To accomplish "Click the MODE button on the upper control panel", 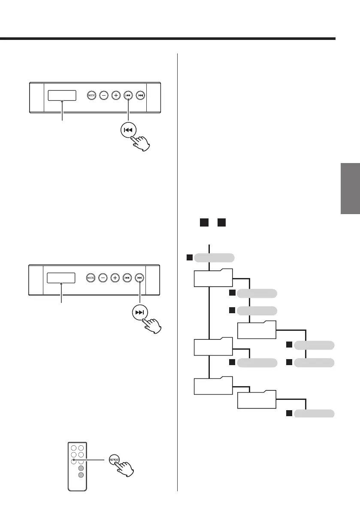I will (91, 95).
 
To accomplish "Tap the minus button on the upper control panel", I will (103, 95).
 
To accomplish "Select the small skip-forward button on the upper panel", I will (140, 95).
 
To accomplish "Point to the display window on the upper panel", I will (62, 95).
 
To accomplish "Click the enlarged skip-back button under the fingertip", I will (130, 130).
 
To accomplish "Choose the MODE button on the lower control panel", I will (91, 278).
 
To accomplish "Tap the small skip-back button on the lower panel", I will (127, 278).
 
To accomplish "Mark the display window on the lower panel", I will (61, 278).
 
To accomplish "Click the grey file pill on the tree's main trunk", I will (214, 258).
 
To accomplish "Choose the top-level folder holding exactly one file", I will (213, 347).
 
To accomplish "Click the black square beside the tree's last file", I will (289, 414).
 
